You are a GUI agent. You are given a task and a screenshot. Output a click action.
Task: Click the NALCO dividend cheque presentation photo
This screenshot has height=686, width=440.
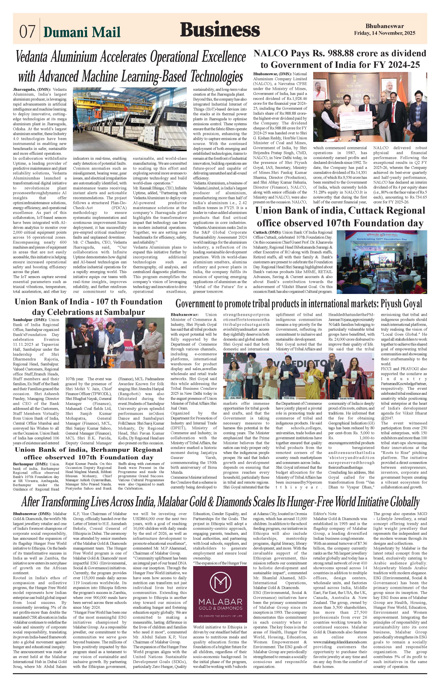(370, 107)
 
